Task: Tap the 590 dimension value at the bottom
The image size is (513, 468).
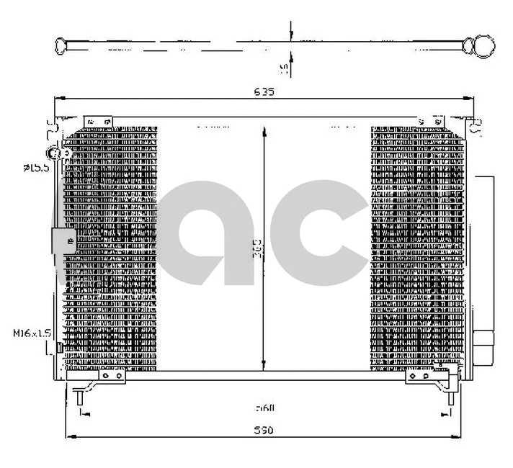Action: click(x=264, y=430)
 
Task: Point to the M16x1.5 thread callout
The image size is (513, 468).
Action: click(x=31, y=333)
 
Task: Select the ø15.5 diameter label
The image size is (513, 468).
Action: click(x=35, y=168)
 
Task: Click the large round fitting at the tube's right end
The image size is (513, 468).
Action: click(x=480, y=46)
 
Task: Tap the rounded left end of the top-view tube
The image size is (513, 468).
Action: click(x=60, y=46)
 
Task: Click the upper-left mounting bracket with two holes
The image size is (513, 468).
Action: click(x=97, y=122)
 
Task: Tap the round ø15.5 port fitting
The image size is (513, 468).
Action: click(x=53, y=153)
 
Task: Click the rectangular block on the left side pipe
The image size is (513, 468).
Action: click(x=63, y=240)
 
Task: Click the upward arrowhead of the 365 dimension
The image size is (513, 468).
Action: click(x=264, y=130)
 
